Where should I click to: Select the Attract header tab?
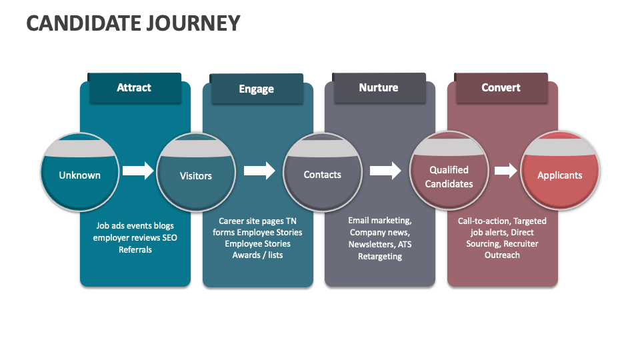[134, 88]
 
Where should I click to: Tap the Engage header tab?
[256, 89]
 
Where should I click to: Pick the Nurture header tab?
[378, 88]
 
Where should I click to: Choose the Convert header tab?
[501, 88]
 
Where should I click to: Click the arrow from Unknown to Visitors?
[138, 171]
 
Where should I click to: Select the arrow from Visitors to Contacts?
[259, 171]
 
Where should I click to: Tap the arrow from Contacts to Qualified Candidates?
[385, 171]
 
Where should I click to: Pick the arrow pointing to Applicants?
[505, 171]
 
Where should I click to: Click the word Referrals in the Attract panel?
[135, 250]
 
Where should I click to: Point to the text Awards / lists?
[257, 255]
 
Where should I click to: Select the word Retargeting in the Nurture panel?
[379, 257]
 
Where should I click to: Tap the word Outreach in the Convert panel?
[502, 255]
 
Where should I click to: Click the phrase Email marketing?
[379, 221]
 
